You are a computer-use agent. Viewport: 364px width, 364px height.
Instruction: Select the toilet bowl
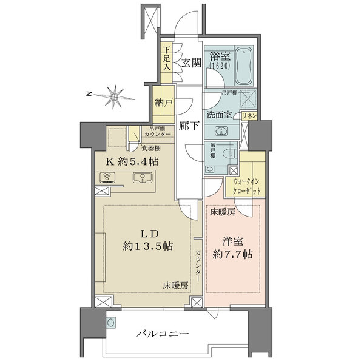230,154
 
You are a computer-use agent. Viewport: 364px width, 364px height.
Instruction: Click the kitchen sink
143,178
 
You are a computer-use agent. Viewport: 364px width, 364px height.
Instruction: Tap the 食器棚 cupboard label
151,147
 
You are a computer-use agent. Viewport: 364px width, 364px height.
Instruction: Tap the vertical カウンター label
198,265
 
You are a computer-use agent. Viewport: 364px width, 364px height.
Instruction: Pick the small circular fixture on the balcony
110,323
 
